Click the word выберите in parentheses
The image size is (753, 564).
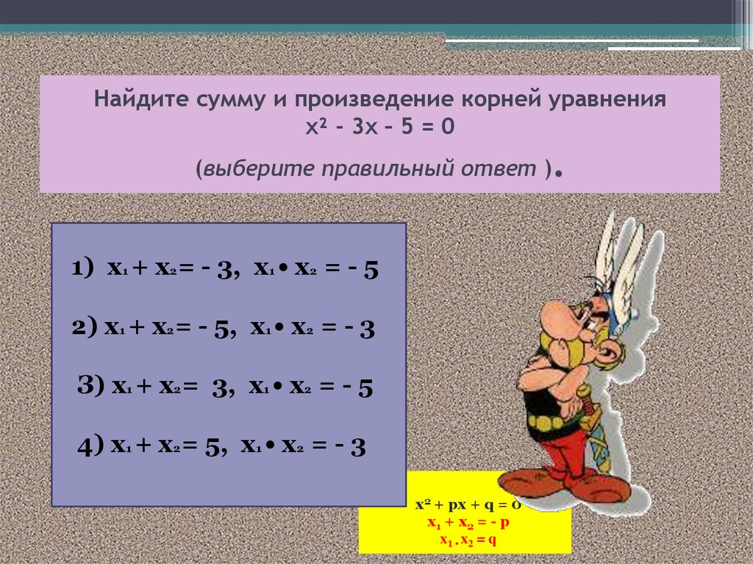point(258,169)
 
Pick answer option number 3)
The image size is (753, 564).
point(226,388)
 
